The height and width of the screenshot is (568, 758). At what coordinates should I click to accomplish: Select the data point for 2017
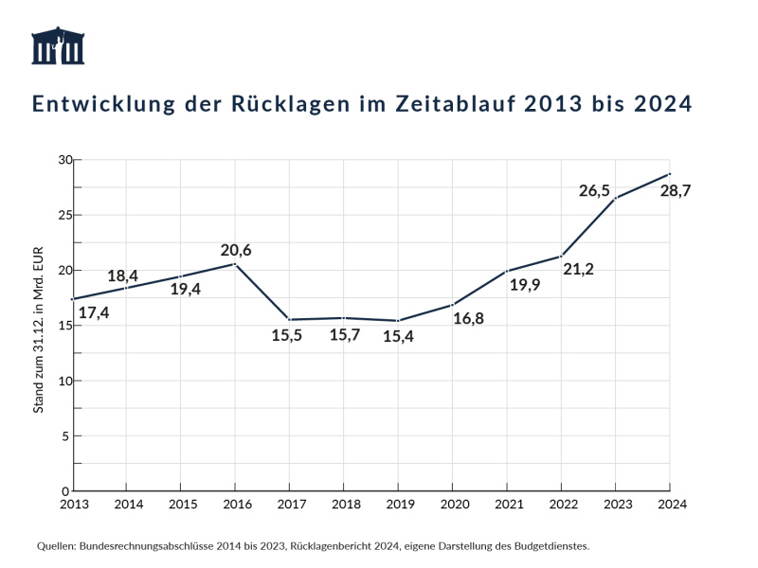click(x=290, y=320)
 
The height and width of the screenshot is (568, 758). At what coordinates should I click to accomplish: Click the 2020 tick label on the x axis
click(x=453, y=504)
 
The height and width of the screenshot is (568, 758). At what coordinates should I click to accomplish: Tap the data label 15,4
click(x=399, y=336)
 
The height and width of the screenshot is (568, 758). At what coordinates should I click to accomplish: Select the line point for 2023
click(x=616, y=198)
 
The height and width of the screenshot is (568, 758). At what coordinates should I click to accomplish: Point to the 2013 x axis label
click(x=74, y=504)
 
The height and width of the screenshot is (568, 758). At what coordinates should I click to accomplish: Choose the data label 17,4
click(x=93, y=312)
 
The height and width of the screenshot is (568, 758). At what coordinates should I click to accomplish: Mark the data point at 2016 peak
click(x=235, y=263)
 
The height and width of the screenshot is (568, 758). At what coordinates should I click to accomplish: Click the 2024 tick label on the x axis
click(x=670, y=504)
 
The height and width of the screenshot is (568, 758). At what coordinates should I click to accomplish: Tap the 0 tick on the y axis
click(x=65, y=491)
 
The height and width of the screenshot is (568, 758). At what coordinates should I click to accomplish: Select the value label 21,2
click(x=578, y=270)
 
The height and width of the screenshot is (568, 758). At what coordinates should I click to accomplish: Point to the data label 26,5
click(x=596, y=190)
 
